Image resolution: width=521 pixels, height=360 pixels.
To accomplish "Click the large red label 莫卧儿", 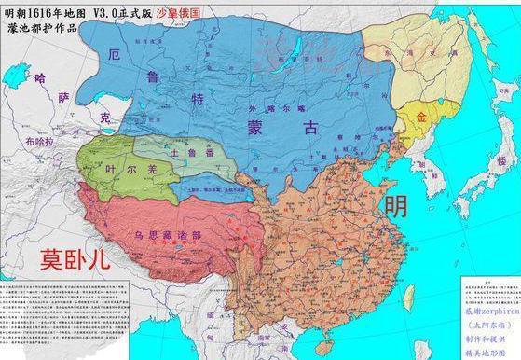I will pyautogui.click(x=75, y=259).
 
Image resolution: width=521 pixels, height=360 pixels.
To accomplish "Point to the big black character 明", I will pyautogui.click(x=396, y=205).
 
